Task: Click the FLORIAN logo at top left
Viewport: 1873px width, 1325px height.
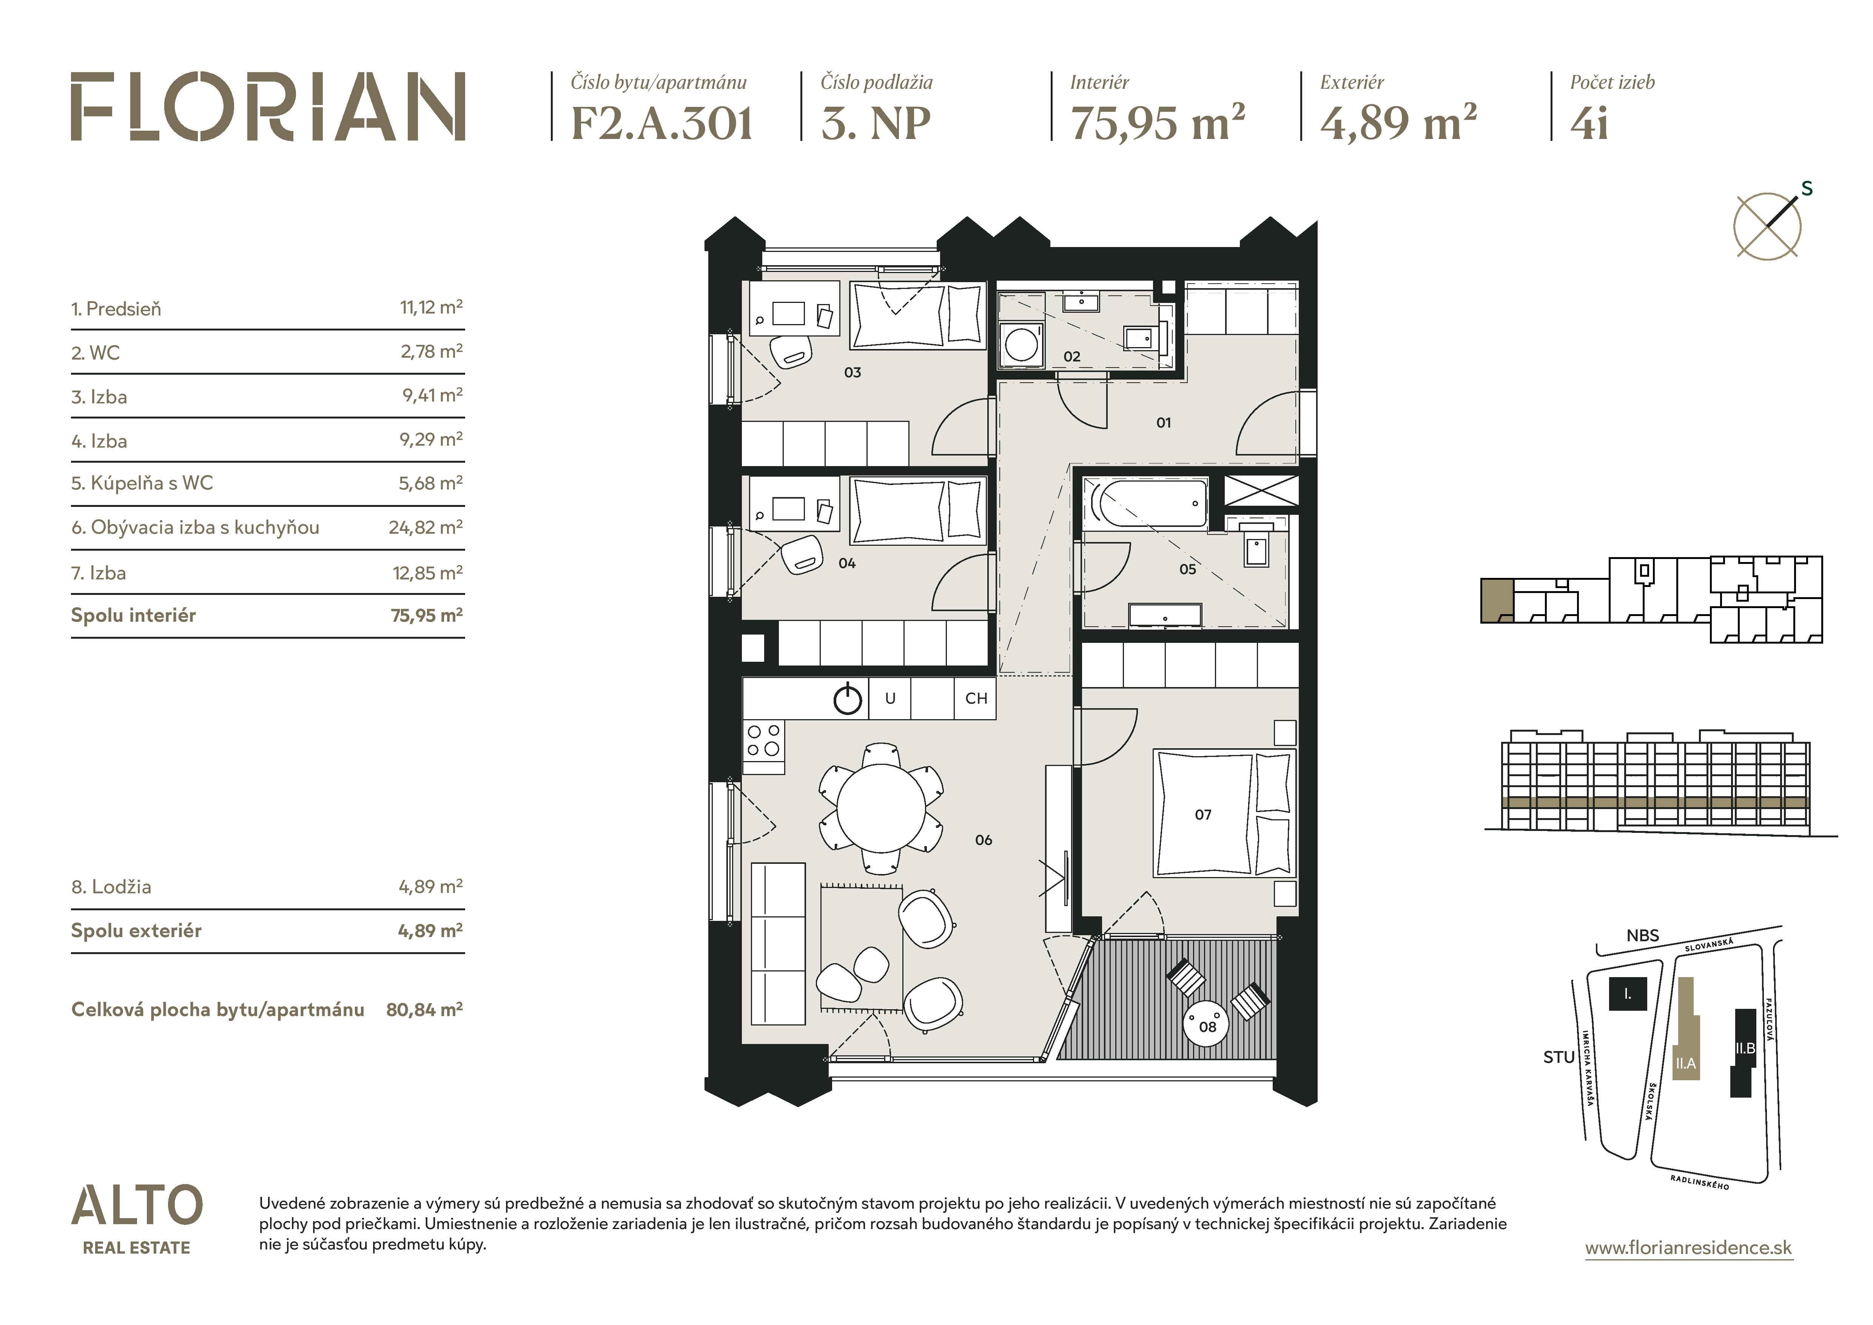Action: click(268, 107)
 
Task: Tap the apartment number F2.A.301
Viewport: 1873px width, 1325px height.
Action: click(661, 124)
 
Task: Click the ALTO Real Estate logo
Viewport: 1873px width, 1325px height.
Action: click(136, 1220)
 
